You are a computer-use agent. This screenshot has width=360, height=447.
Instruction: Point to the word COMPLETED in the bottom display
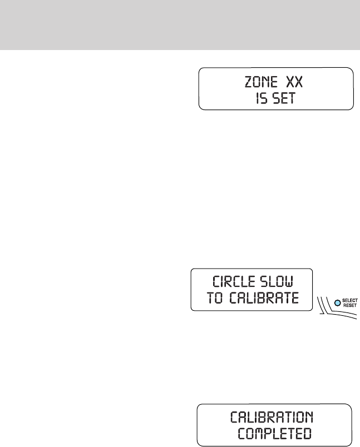point(274,434)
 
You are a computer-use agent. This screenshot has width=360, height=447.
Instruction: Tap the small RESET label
point(349,305)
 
